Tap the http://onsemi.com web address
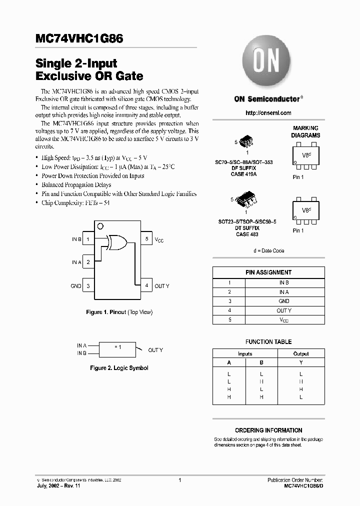(x=268, y=113)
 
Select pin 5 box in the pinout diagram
(x=146, y=239)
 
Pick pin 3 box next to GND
(x=88, y=286)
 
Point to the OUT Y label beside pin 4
(x=162, y=286)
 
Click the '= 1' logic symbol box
(x=117, y=348)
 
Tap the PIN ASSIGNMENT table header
(x=268, y=272)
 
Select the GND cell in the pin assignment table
(x=284, y=301)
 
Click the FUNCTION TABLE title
(x=268, y=342)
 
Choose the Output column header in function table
(x=301, y=353)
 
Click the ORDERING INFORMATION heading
(x=268, y=430)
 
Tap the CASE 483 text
(x=247, y=234)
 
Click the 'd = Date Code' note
(x=268, y=250)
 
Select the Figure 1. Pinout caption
(x=119, y=312)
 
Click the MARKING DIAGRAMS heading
(x=305, y=132)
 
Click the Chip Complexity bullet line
(x=75, y=203)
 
